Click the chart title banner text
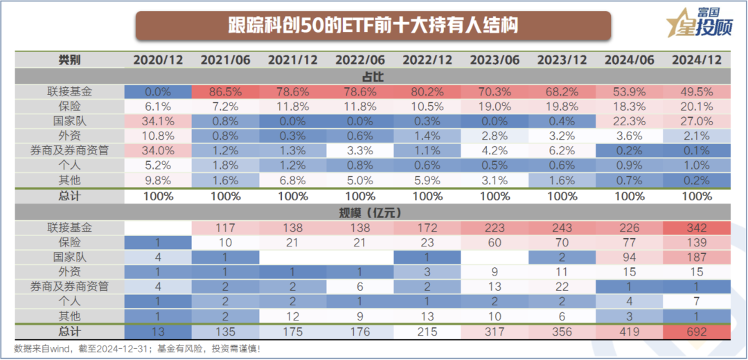(373, 26)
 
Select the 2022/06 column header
(360, 60)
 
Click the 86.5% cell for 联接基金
(225, 91)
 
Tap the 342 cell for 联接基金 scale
(697, 227)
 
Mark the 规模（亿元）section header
(373, 212)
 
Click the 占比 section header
(373, 76)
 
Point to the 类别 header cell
(69, 60)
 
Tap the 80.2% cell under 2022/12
(427, 91)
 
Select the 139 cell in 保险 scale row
(697, 242)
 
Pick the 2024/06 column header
(630, 60)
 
